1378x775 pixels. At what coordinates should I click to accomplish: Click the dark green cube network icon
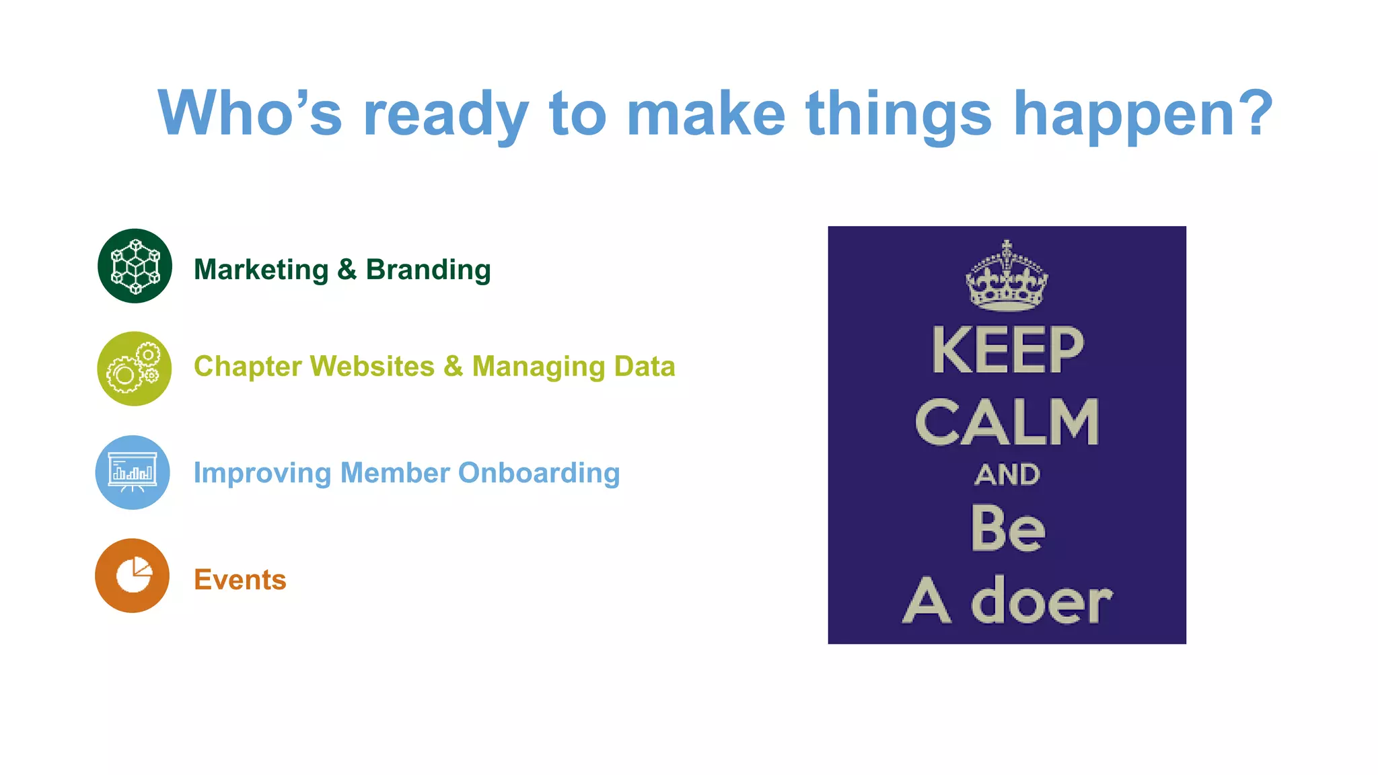pos(135,266)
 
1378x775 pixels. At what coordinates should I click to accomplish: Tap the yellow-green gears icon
pos(134,369)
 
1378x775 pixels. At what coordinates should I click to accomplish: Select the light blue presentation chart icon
pos(133,472)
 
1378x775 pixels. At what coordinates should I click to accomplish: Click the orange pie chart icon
pos(133,576)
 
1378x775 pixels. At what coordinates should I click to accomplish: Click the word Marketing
pos(261,270)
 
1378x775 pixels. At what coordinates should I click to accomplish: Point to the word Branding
pos(428,270)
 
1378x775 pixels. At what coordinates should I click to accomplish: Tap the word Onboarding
pos(538,473)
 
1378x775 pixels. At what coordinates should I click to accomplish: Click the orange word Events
pos(240,579)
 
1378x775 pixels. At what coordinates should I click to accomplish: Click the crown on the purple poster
pos(1007,277)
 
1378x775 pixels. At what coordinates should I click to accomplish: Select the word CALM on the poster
pos(1007,422)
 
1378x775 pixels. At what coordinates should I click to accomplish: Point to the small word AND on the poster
pos(1007,475)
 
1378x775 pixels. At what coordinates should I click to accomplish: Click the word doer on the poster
pos(1041,600)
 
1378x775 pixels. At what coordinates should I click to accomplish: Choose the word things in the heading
pos(898,114)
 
